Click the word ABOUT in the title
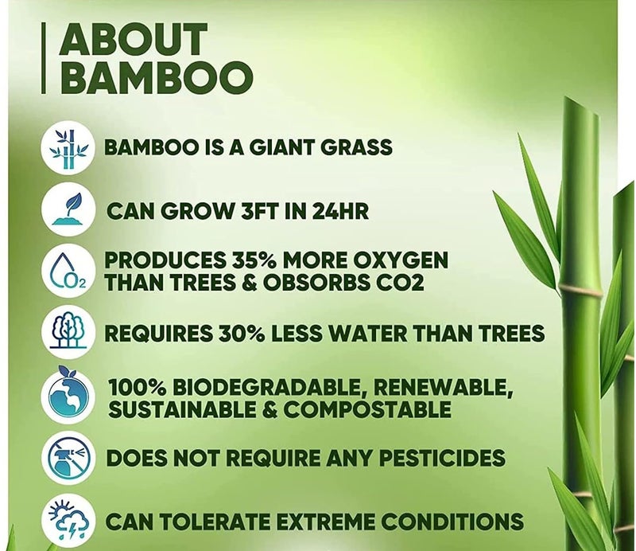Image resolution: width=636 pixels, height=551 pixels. coord(134,39)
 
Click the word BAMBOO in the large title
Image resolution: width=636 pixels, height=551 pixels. coord(156,76)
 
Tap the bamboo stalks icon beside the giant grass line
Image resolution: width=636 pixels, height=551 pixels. coord(68,148)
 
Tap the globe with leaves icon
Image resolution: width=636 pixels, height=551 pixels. coord(68,395)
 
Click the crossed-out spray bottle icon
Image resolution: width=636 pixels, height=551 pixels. coord(68,458)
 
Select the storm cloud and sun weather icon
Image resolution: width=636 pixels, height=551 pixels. coord(68,521)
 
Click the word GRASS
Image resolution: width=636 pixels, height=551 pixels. coord(356,147)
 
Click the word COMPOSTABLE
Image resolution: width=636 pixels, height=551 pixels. coord(367,409)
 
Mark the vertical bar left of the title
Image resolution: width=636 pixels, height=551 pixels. coord(44,57)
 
